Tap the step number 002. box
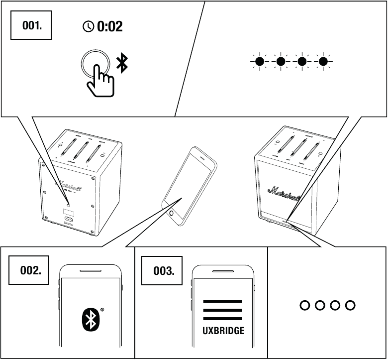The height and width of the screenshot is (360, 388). (x=30, y=270)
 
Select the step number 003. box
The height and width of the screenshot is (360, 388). (x=164, y=271)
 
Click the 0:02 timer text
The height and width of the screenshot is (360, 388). (x=110, y=26)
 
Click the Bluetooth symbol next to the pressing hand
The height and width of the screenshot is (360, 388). (x=122, y=62)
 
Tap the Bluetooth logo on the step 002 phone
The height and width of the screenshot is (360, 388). (x=90, y=319)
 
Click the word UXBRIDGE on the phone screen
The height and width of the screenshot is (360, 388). (x=223, y=331)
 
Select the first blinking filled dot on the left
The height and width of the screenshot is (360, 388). (x=259, y=62)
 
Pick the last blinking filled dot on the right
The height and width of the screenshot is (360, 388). (x=323, y=62)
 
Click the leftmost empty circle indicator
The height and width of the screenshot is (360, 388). (x=305, y=305)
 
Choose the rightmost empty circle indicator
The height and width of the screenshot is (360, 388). (x=350, y=305)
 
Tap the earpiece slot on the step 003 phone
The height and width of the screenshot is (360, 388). (x=223, y=272)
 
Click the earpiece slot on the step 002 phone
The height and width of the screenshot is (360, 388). (x=90, y=272)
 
